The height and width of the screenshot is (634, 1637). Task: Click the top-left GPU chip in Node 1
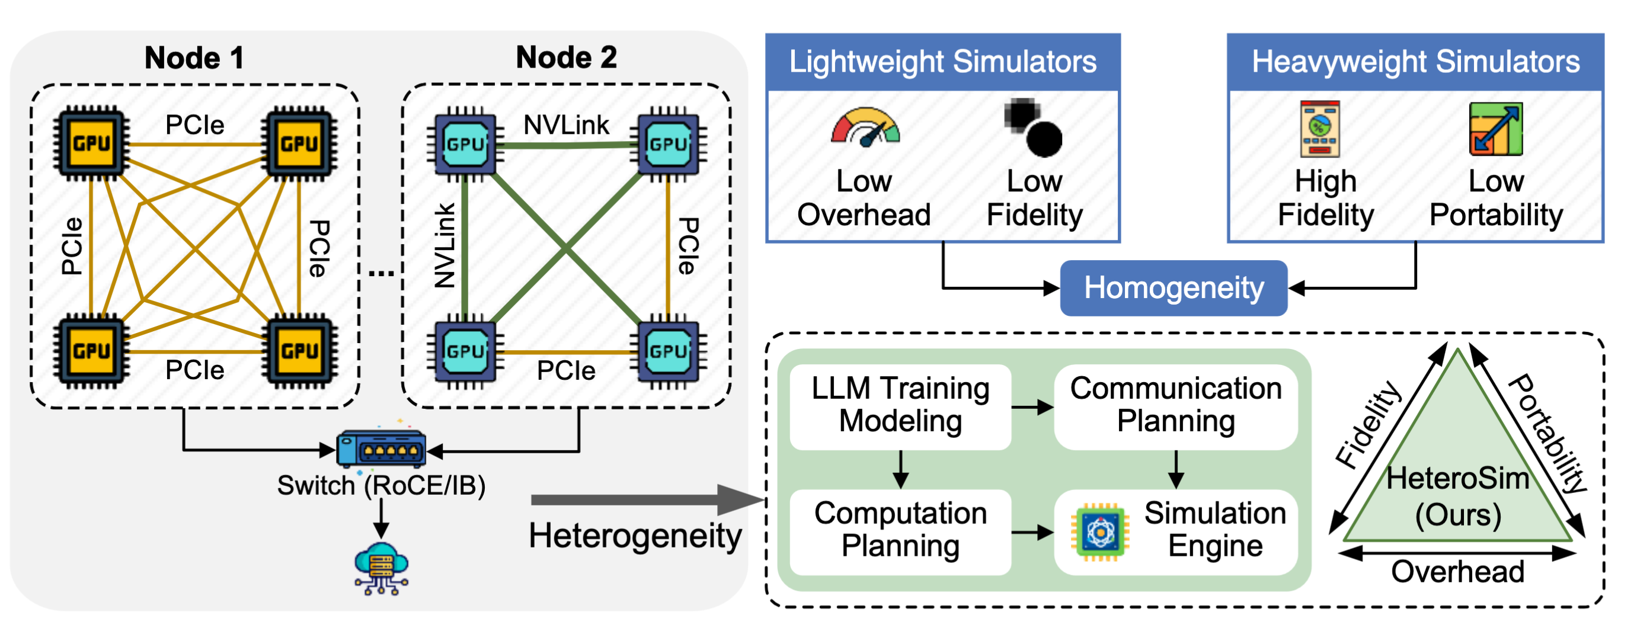[91, 143]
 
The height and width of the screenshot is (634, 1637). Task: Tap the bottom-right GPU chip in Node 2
[667, 351]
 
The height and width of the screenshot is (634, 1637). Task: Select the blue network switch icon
[381, 449]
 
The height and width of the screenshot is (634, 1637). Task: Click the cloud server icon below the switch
[381, 568]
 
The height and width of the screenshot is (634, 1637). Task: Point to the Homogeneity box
[1173, 288]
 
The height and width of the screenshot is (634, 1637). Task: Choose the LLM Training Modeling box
[900, 405]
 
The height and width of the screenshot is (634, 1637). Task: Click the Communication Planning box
[1175, 405]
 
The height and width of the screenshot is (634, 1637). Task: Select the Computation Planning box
[900, 530]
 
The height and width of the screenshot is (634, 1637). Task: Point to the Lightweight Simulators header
[942, 62]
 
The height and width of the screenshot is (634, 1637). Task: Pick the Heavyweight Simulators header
[1415, 62]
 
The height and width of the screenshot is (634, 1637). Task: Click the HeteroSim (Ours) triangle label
[1457, 496]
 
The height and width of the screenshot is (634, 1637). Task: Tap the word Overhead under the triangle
[1457, 572]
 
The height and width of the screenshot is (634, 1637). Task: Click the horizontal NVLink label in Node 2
[565, 124]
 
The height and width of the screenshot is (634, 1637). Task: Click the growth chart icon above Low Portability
[1495, 129]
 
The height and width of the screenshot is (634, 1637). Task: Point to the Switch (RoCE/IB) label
[381, 486]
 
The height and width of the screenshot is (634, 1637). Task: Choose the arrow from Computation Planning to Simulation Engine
[1032, 532]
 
